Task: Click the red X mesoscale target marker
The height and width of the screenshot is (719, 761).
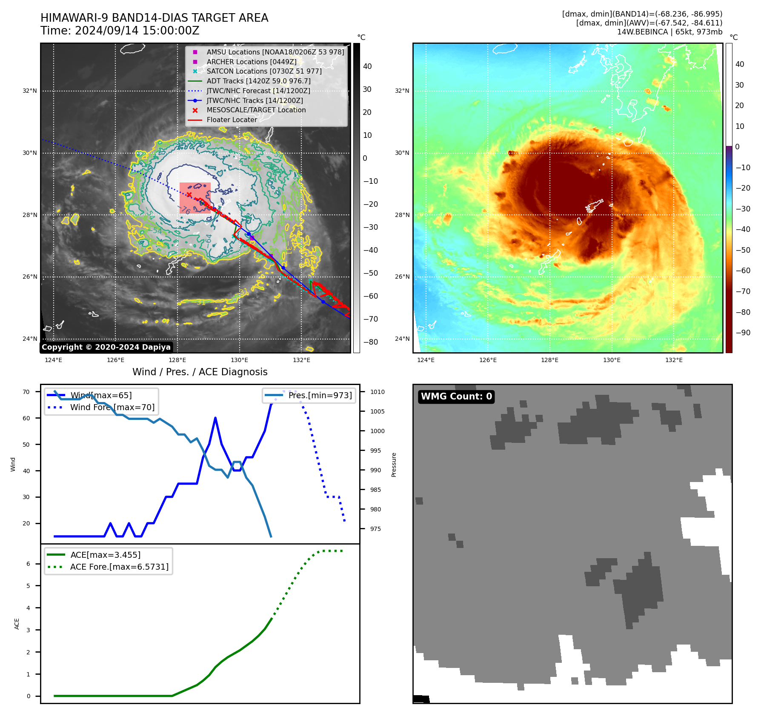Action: (x=189, y=195)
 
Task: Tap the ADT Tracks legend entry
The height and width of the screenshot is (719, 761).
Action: (x=258, y=81)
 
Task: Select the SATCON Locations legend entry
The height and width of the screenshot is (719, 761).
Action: (x=264, y=71)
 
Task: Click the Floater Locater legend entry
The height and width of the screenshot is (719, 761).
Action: (x=232, y=120)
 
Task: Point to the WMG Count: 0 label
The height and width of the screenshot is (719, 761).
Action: (x=456, y=397)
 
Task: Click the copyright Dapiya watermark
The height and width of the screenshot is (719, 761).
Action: (x=106, y=347)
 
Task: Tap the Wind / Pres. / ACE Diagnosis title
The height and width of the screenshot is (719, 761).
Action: (x=200, y=372)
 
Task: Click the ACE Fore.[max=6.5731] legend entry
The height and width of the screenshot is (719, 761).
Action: (x=119, y=567)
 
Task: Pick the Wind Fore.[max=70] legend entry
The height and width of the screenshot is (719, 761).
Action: (x=112, y=407)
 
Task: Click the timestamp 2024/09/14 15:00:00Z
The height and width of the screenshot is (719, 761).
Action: (x=137, y=31)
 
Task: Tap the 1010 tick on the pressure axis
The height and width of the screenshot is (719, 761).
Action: (x=377, y=392)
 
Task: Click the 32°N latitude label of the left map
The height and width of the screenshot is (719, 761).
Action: (x=30, y=91)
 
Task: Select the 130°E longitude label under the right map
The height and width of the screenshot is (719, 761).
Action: (x=612, y=360)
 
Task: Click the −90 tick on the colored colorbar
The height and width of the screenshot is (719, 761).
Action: (x=743, y=333)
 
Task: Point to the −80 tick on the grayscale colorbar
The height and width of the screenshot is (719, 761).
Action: (x=370, y=342)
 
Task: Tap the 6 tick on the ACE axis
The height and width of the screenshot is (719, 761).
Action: (x=28, y=564)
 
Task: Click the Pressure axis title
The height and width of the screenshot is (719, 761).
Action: (x=394, y=465)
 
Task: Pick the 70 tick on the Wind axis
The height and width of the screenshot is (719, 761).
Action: (x=26, y=392)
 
